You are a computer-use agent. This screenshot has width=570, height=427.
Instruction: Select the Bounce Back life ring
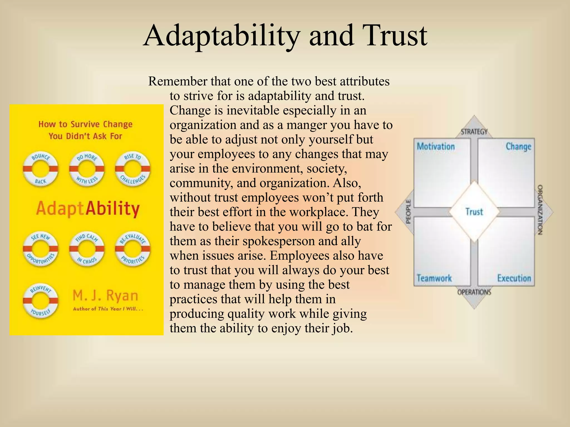click(x=41, y=169)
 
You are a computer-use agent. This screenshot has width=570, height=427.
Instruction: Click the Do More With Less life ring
click(x=87, y=169)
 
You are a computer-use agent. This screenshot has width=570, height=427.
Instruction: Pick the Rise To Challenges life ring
click(x=133, y=169)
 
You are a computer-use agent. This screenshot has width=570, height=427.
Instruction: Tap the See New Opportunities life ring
click(x=41, y=249)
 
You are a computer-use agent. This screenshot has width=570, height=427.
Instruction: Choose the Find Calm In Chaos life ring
click(x=87, y=249)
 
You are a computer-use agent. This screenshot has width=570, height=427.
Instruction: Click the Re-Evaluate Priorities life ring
click(x=133, y=249)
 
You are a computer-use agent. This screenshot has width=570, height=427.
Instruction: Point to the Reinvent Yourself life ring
click(x=41, y=301)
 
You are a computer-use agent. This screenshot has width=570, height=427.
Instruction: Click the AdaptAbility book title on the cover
click(x=88, y=208)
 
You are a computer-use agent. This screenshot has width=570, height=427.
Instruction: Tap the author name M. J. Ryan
click(x=105, y=296)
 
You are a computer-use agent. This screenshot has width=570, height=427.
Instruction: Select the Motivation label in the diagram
click(x=436, y=147)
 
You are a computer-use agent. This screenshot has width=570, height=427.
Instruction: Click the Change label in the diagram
click(x=518, y=147)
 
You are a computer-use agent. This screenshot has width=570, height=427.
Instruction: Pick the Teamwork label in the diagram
click(x=434, y=278)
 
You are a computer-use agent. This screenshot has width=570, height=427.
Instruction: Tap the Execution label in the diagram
click(x=514, y=278)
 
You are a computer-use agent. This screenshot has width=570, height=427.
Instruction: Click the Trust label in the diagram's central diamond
click(x=474, y=212)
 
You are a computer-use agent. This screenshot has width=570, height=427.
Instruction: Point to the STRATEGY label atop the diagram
click(x=474, y=132)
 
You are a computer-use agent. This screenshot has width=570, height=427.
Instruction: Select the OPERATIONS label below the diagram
click(x=474, y=292)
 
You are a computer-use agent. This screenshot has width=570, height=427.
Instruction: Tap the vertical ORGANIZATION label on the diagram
click(x=540, y=210)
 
